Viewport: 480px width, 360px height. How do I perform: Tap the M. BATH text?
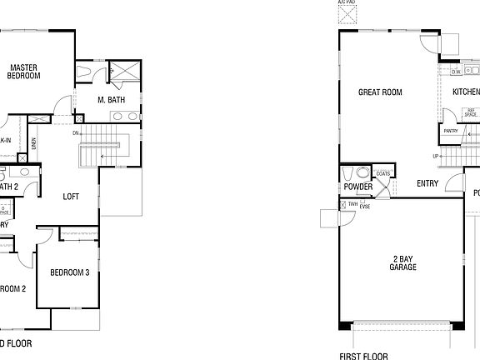(111, 100)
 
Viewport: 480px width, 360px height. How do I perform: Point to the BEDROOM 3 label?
(69, 272)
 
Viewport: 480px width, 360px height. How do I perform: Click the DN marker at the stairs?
(76, 133)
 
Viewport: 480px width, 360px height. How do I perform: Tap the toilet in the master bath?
(87, 72)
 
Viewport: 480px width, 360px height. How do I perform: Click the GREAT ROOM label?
(381, 92)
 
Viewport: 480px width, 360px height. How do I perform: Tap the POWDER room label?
(358, 187)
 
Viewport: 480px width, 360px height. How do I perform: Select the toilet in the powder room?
(361, 173)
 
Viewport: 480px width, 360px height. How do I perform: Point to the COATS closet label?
(383, 173)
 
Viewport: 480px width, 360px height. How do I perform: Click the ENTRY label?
(427, 183)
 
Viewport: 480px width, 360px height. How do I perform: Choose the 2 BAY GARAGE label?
(402, 263)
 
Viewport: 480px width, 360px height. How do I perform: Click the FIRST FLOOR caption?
(363, 355)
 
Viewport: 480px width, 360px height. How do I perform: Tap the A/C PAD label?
(346, 3)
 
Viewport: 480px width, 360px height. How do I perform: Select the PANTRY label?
(451, 131)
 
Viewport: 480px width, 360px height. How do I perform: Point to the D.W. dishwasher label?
(456, 72)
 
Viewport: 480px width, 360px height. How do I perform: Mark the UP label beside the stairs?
(434, 157)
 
